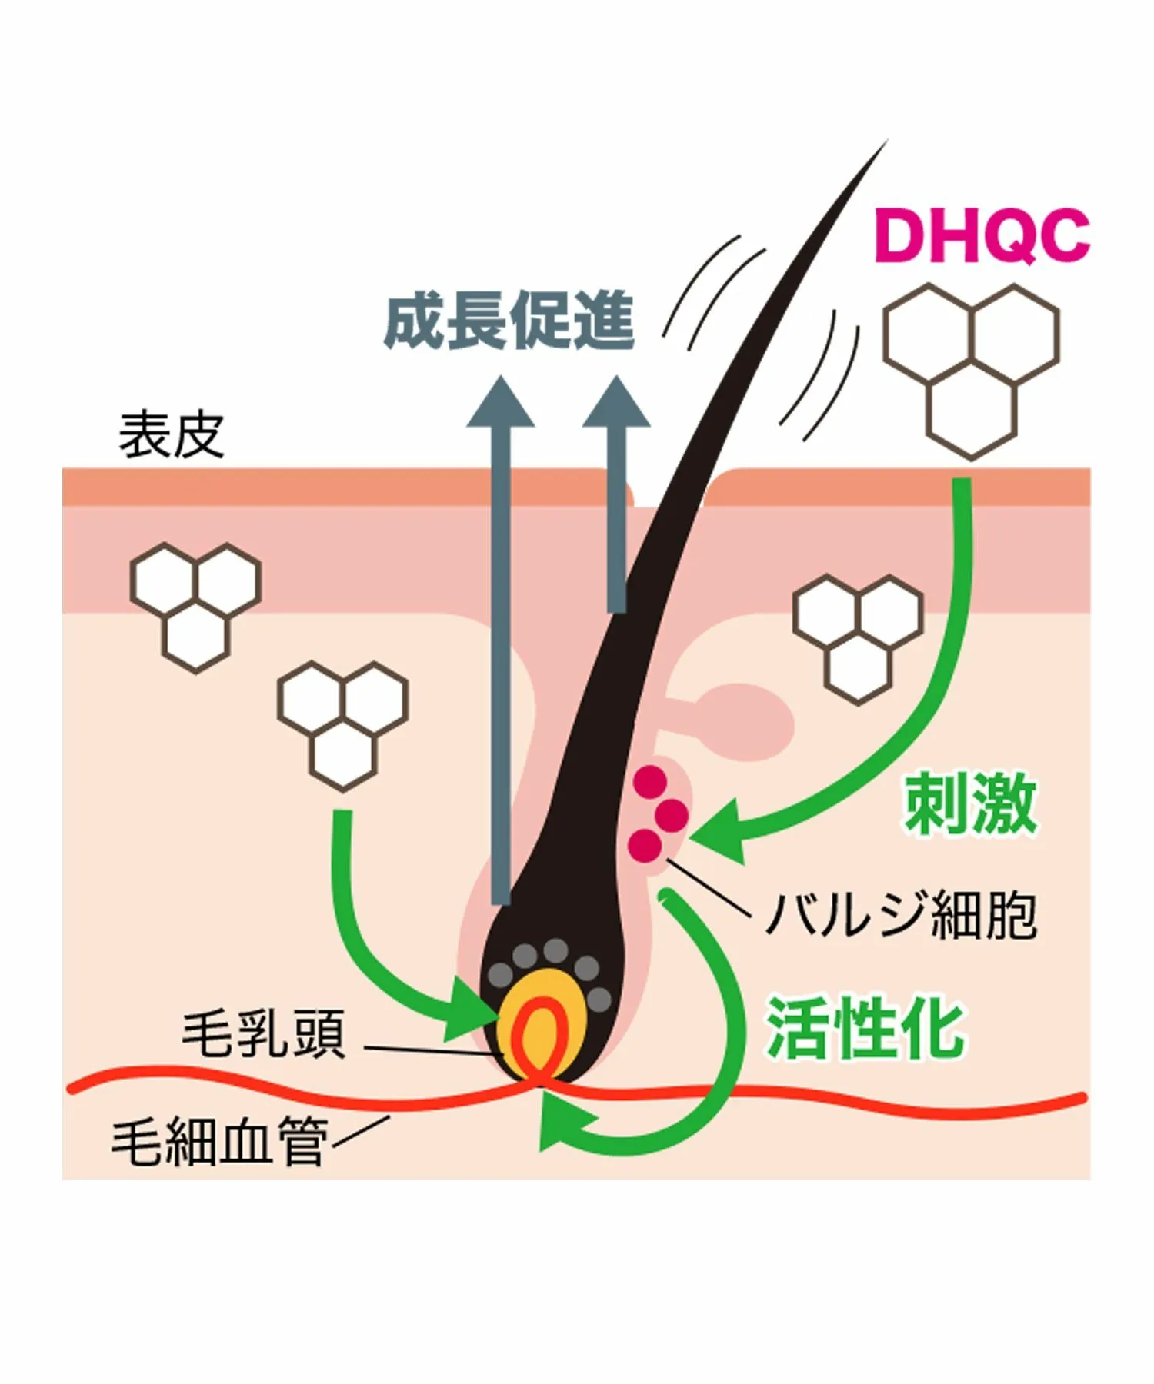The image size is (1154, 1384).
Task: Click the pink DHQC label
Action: coord(982,236)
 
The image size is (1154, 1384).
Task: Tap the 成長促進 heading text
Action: coord(509,320)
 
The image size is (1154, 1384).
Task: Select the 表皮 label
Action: coord(171,434)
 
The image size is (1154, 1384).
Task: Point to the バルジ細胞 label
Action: coord(901,914)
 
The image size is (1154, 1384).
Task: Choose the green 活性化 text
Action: coord(865,1029)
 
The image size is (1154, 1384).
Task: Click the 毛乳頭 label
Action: coord(264,1034)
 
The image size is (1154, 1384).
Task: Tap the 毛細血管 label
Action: coord(219,1141)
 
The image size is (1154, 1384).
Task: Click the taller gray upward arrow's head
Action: coord(501,401)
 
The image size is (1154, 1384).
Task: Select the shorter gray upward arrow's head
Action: coord(616,401)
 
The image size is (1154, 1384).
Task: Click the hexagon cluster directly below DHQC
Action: coord(971,371)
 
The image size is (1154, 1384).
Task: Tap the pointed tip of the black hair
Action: coord(886,141)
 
